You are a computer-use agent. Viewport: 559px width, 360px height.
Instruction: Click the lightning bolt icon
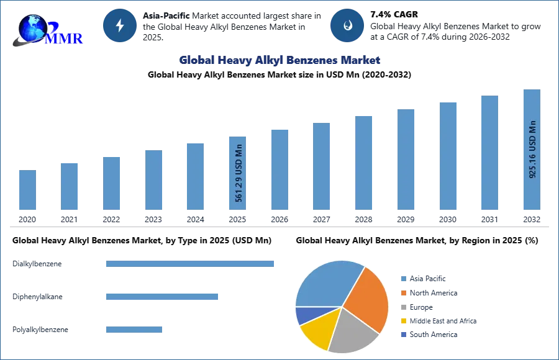point(120,25)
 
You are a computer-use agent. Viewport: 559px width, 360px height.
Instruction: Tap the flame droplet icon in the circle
point(347,26)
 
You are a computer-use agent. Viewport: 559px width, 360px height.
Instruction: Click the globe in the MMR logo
point(31,26)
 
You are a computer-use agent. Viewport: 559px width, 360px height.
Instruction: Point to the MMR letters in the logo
point(65,38)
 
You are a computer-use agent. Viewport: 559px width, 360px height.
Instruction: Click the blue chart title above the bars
point(280,60)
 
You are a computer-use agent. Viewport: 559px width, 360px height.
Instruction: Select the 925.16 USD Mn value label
point(532,149)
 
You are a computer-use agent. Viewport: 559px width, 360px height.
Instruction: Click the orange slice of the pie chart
point(368,298)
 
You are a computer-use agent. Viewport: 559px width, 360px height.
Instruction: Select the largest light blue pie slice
point(326,282)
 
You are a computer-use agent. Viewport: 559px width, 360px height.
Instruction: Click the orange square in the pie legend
point(402,292)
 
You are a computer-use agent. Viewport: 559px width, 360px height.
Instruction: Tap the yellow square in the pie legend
point(402,322)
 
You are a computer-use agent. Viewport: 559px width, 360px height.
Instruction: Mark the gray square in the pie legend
point(402,307)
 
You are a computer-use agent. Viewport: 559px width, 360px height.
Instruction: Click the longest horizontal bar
point(191,263)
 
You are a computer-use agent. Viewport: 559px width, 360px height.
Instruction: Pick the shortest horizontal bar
point(134,327)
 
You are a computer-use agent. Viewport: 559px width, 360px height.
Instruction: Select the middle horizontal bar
point(161,297)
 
